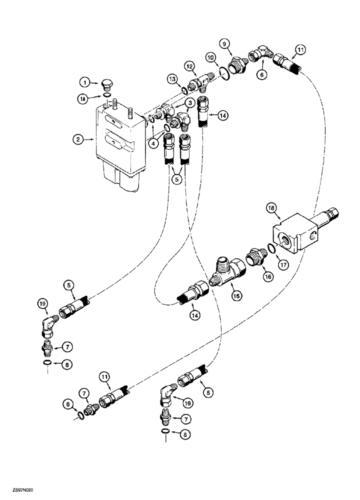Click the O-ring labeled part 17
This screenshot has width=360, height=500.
point(270,248)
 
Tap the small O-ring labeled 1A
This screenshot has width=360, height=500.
point(106,94)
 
